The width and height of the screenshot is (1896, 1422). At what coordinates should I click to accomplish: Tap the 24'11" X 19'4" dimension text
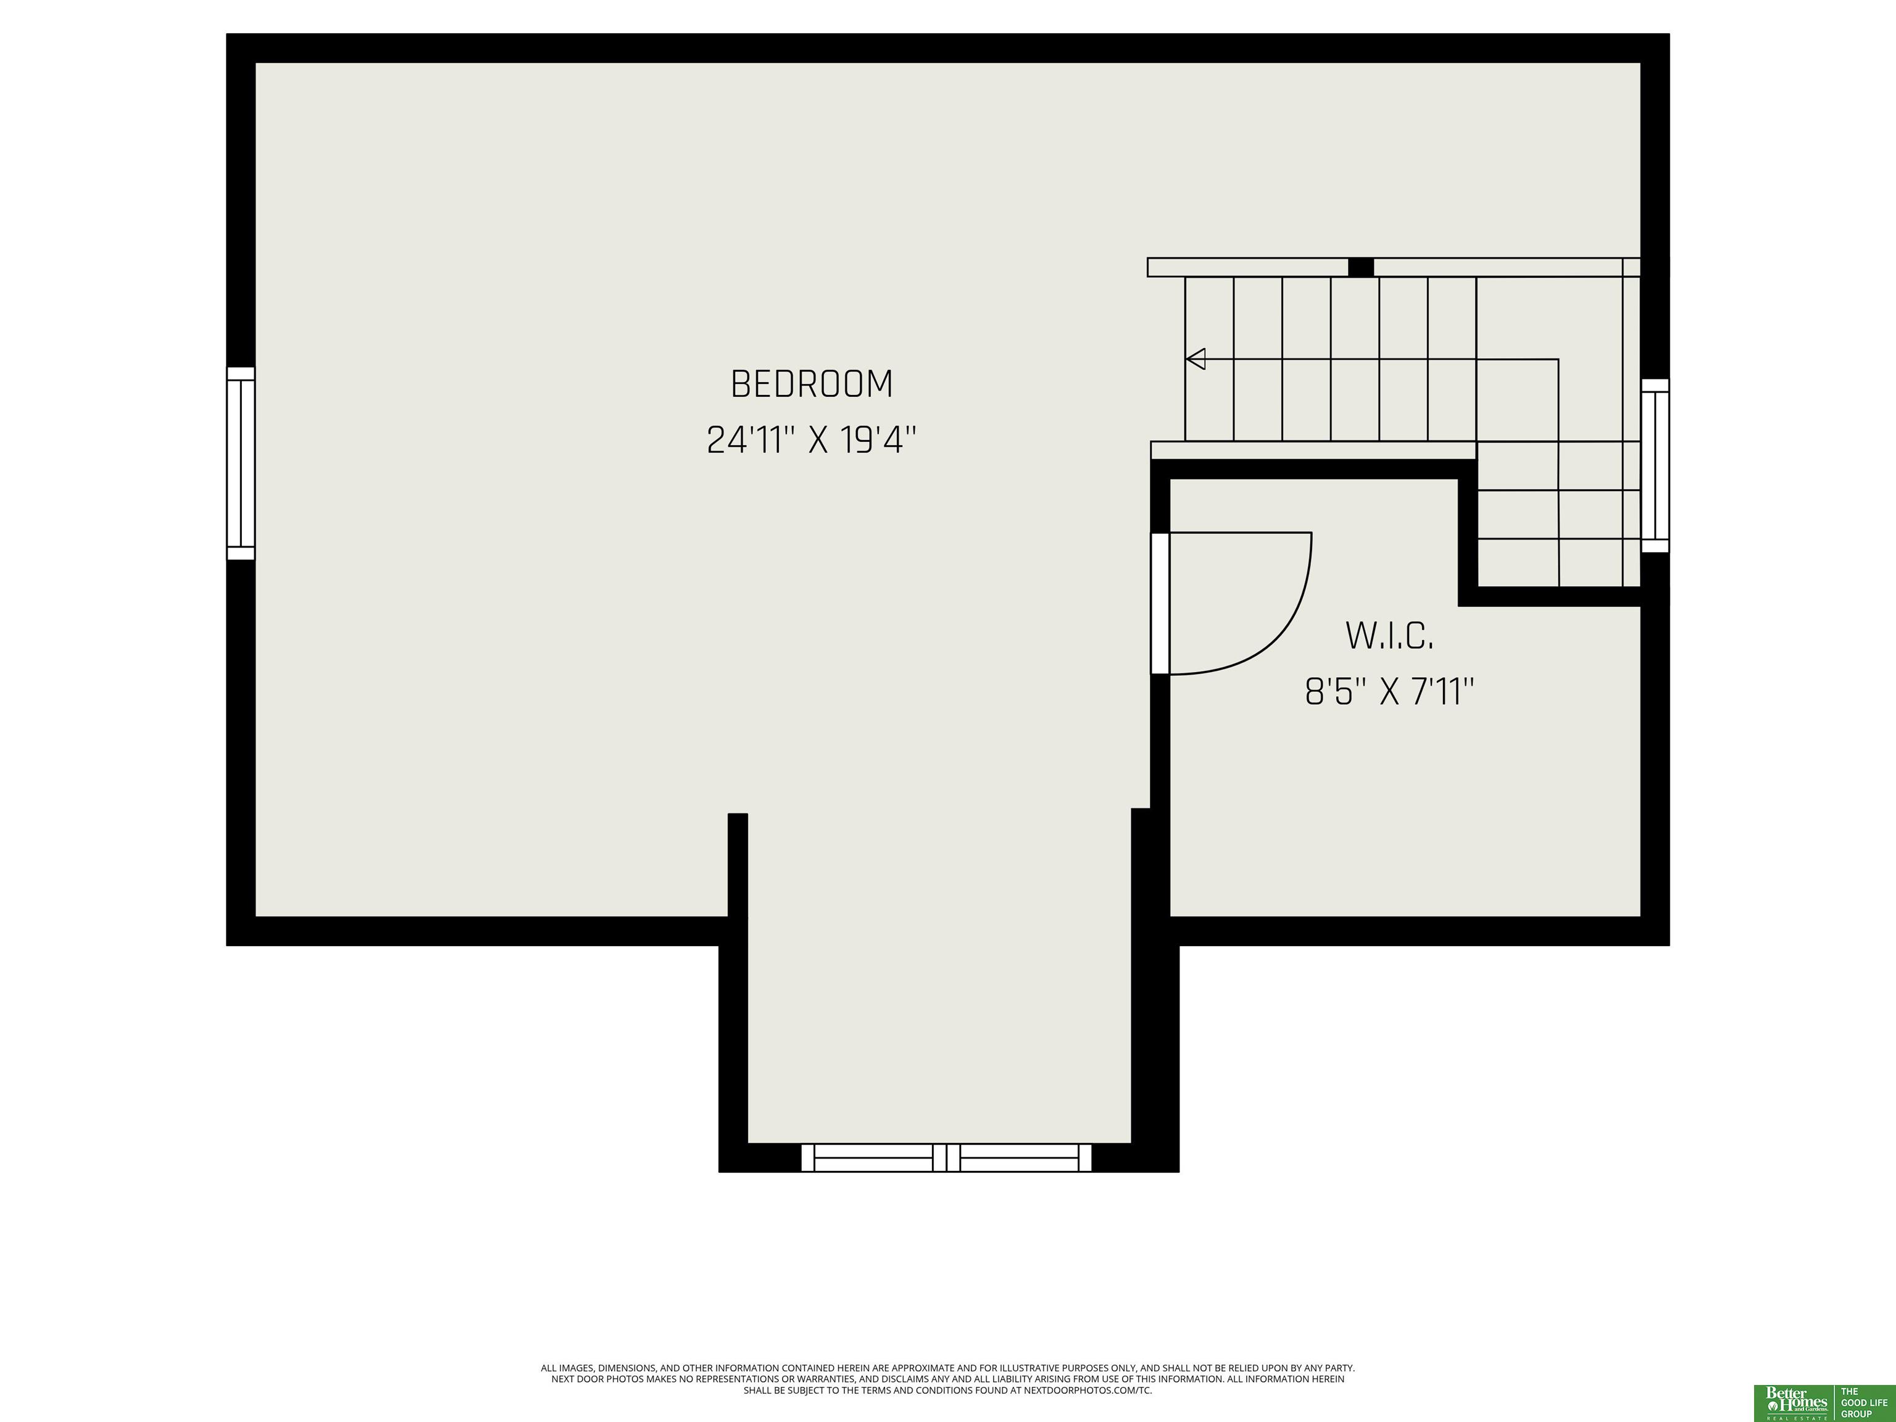[x=812, y=441]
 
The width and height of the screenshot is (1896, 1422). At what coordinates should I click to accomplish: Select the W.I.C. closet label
[x=1389, y=635]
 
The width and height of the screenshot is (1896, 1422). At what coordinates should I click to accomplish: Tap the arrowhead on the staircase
[x=1195, y=359]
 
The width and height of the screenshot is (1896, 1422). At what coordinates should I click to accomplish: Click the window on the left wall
[x=241, y=463]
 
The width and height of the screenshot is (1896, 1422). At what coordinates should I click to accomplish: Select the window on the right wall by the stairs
[x=1655, y=465]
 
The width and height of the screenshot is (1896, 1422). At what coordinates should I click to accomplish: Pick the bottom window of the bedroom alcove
[x=946, y=1157]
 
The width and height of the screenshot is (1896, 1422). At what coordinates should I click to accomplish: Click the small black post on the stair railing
[x=1360, y=267]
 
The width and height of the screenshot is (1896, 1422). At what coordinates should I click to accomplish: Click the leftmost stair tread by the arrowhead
[x=1210, y=359]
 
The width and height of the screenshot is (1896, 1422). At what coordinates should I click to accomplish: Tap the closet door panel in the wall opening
[x=1160, y=604]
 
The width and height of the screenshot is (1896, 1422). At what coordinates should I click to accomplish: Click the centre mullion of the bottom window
[x=946, y=1157]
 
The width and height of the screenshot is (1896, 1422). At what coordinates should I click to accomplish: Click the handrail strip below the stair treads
[x=1313, y=450]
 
